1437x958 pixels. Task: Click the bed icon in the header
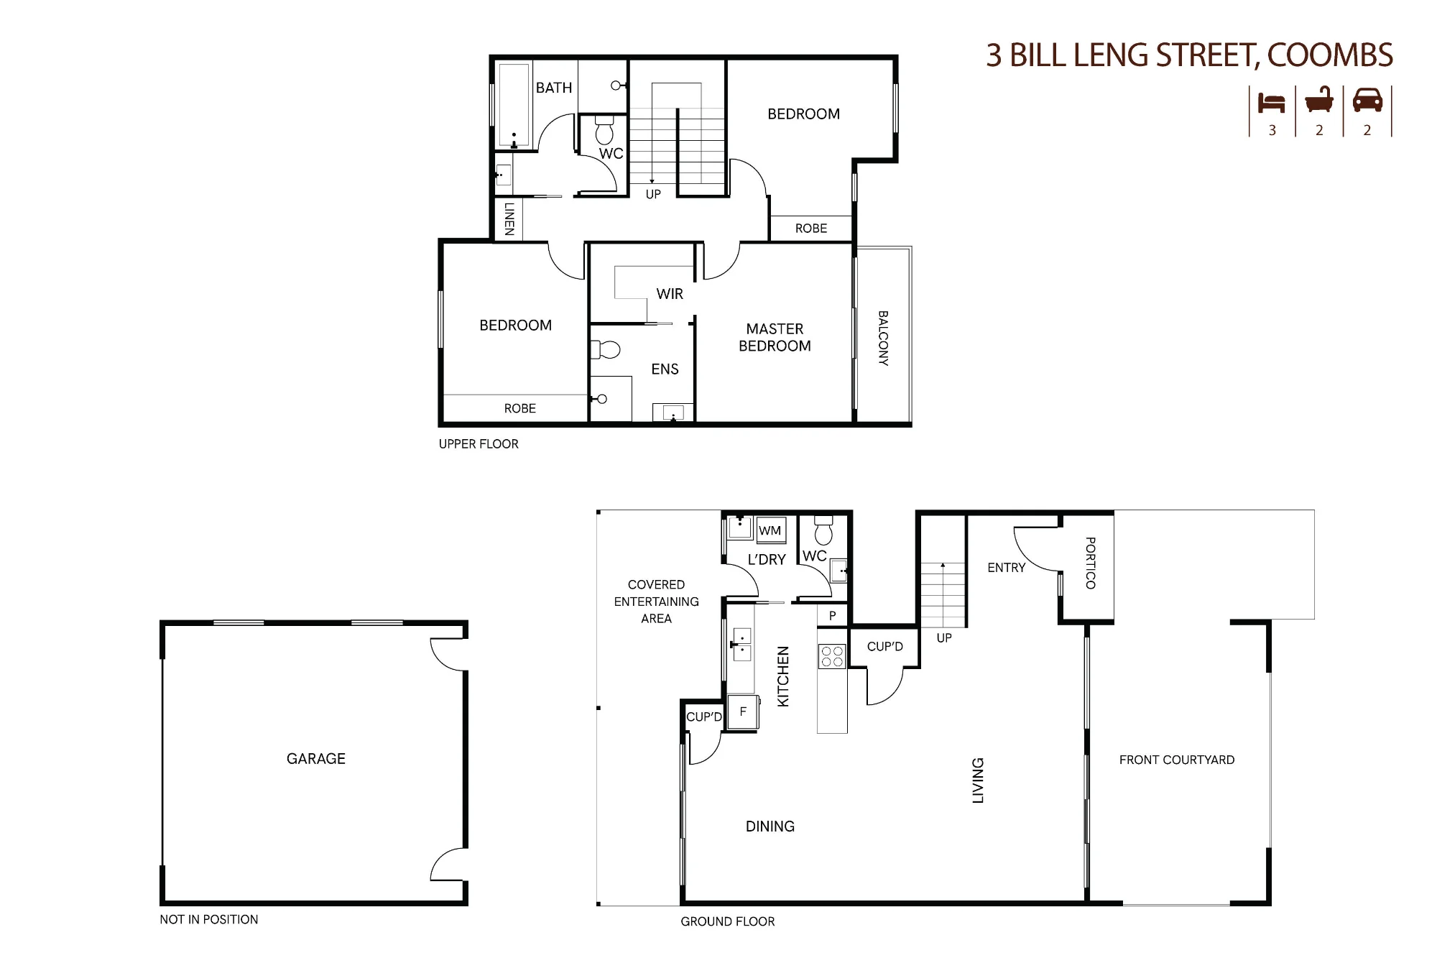coord(1271,103)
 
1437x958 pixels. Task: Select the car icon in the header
coord(1367,101)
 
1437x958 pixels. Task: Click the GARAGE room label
coord(316,758)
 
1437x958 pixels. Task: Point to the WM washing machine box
coord(770,530)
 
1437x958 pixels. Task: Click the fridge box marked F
coord(743,712)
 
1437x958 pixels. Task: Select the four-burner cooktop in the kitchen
coord(832,656)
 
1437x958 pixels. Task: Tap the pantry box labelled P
coord(833,615)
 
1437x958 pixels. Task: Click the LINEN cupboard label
coord(509,219)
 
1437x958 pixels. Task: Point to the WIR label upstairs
coord(670,294)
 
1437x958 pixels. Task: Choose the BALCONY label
coord(883,338)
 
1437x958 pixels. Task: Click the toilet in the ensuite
coord(605,350)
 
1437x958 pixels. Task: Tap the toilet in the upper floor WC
coord(604,129)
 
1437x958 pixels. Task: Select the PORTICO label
coord(1090,563)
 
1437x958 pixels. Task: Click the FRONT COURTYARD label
coord(1177,760)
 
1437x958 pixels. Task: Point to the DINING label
coord(770,826)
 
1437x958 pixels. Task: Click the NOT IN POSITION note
coord(209,919)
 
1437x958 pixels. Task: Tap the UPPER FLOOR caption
coord(479,444)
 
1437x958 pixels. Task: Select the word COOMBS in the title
coord(1330,55)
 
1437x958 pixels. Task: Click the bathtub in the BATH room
coord(513,106)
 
